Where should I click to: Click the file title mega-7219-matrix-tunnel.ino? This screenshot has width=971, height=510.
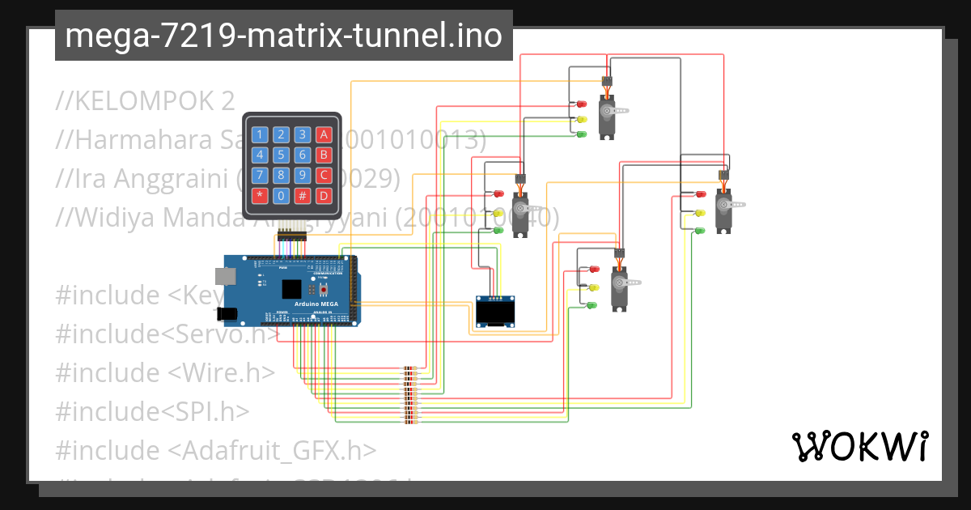[x=283, y=36]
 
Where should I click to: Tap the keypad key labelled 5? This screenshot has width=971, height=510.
[x=281, y=155]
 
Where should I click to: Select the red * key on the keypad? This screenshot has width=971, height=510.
[x=259, y=195]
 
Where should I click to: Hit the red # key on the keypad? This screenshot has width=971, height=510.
[x=302, y=195]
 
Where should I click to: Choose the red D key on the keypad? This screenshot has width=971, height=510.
[x=324, y=195]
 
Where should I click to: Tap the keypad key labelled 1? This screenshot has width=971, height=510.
[x=259, y=134]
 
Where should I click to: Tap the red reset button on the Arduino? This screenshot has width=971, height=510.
[x=324, y=289]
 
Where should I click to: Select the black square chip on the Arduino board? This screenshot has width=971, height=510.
[x=290, y=290]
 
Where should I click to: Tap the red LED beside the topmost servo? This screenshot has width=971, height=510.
[x=581, y=104]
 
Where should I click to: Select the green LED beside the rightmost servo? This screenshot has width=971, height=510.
[x=700, y=231]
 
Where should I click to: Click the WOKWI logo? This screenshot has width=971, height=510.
[x=859, y=446]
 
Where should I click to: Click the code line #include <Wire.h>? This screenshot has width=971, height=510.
[x=165, y=372]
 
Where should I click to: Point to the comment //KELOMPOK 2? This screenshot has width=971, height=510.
[x=145, y=100]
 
